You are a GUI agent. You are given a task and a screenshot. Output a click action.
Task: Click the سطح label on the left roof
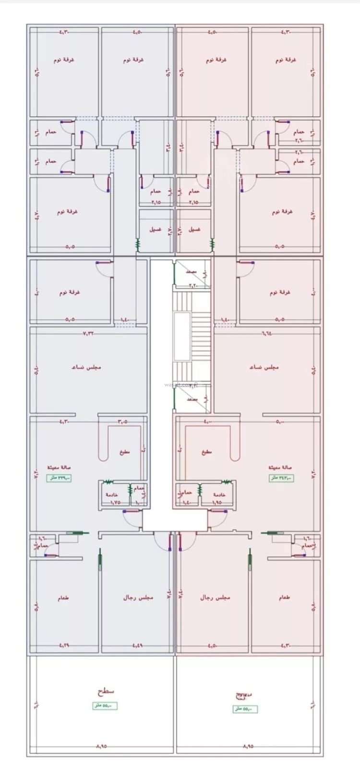tap(106, 691)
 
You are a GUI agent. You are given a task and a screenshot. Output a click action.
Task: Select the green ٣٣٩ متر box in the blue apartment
tap(59, 478)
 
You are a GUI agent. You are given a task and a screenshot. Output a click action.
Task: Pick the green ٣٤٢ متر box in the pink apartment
tap(281, 478)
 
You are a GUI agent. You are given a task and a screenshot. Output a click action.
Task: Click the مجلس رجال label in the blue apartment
tap(138, 598)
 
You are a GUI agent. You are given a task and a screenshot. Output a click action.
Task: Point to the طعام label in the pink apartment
tap(284, 598)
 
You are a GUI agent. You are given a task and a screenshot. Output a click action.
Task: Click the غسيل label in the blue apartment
tap(155, 229)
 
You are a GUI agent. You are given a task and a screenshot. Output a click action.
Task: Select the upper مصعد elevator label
tap(192, 272)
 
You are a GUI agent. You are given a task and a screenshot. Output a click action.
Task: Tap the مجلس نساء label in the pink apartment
tap(264, 367)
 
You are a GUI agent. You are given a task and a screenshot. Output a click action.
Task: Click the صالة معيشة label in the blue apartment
tap(59, 467)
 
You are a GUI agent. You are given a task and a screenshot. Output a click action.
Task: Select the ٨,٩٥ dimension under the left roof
tap(101, 746)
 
